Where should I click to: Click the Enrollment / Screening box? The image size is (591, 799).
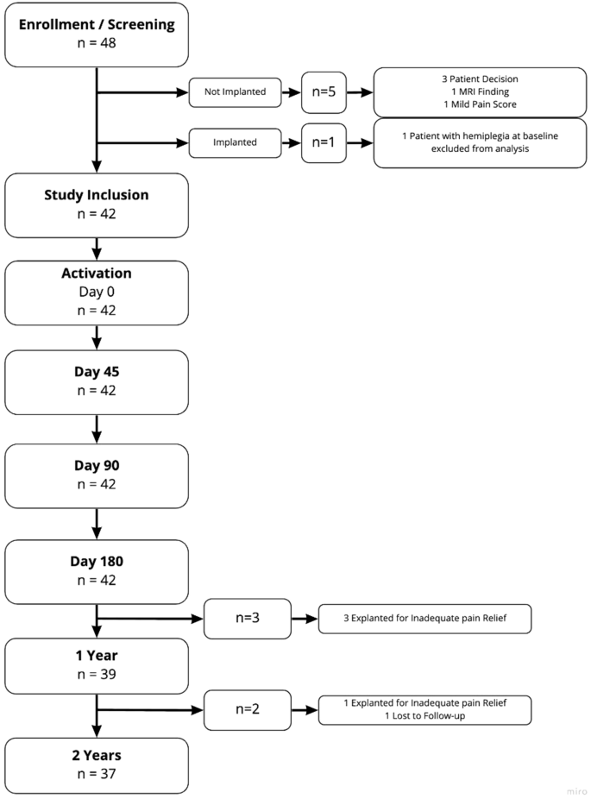[x=96, y=34]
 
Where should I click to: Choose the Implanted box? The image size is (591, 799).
[x=234, y=142]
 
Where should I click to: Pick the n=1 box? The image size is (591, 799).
[x=324, y=142]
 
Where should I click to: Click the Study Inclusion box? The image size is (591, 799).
[x=96, y=204]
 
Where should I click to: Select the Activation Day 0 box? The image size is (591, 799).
[x=96, y=292]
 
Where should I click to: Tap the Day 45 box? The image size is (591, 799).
[x=96, y=381]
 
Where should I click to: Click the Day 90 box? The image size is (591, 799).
[x=96, y=475]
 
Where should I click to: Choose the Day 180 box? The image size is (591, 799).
[x=96, y=570]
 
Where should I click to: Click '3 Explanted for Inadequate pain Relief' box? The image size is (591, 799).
[x=424, y=619]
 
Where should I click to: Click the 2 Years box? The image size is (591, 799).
[x=96, y=764]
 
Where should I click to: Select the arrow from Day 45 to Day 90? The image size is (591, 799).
[x=96, y=428]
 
